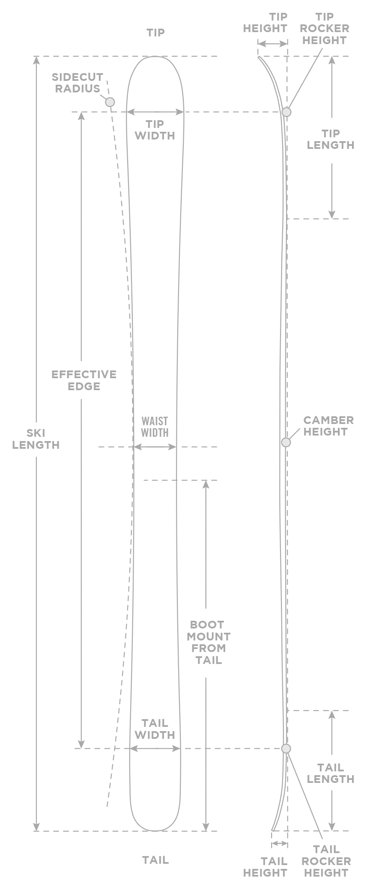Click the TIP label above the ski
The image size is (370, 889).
[x=155, y=33]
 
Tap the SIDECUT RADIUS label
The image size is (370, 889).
[x=78, y=83]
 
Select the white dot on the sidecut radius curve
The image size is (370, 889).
[x=110, y=102]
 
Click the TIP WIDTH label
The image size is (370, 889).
[x=155, y=130]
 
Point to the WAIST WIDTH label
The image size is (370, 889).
[x=155, y=427]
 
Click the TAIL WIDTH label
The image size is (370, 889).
[x=155, y=729]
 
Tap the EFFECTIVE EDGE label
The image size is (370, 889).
[x=84, y=380]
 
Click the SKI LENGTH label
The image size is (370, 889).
[x=36, y=439]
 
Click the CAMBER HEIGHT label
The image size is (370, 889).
[x=328, y=426]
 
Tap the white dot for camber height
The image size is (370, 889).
[x=286, y=442]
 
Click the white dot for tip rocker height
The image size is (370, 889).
[x=286, y=112]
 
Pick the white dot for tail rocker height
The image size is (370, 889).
[x=286, y=748]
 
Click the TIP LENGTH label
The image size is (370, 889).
[x=330, y=139]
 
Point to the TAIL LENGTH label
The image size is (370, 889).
[x=330, y=773]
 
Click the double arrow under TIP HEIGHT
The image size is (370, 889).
[x=272, y=44]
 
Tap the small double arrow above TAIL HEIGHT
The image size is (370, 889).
[x=280, y=843]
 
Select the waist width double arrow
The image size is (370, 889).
[x=155, y=447]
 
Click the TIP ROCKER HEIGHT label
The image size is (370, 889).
[x=324, y=29]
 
